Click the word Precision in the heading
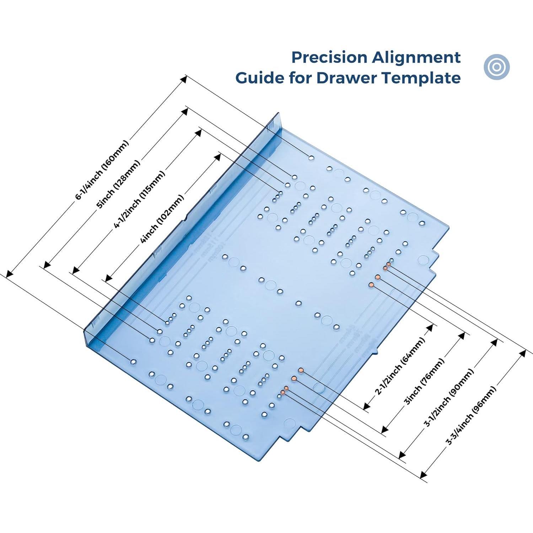329,58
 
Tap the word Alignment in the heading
416,58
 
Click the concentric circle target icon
497,66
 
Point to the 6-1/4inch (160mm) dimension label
102,170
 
